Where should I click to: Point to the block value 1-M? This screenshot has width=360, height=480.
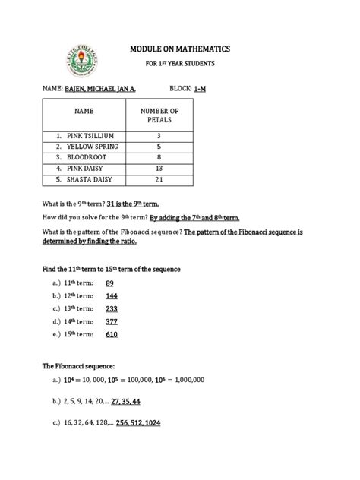point(201,89)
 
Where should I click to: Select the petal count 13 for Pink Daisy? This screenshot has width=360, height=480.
point(158,168)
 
